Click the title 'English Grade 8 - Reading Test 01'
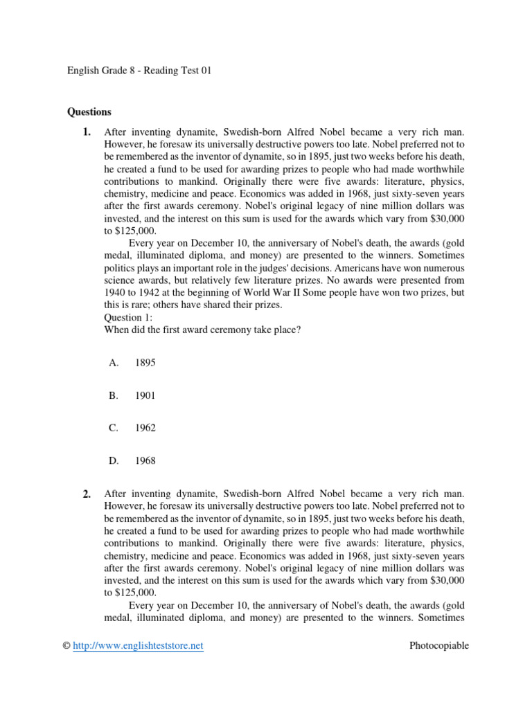point(139,71)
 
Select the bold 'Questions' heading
point(89,111)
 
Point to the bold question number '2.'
point(87,494)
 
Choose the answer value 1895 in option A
point(145,363)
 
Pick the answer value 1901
point(145,395)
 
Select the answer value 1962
point(145,428)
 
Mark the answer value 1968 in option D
point(145,460)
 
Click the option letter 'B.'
point(114,395)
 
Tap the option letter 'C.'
point(114,428)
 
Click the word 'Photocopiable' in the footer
point(438,645)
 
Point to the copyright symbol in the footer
point(67,645)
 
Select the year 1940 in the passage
point(116,292)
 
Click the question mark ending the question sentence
point(298,330)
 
